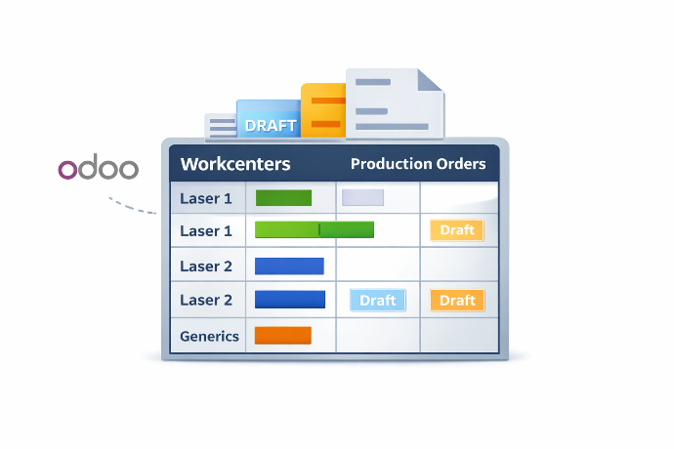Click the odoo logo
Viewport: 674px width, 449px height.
point(98,169)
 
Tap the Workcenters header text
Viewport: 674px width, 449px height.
point(235,164)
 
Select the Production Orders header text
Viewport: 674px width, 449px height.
point(417,164)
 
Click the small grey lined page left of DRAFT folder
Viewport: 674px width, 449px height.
point(221,128)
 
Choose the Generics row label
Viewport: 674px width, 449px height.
point(209,336)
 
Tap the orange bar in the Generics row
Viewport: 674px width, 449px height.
point(282,336)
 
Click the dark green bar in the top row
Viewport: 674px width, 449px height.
point(283,198)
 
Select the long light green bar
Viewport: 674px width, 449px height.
point(314,230)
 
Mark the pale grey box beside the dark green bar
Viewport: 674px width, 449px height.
point(362,198)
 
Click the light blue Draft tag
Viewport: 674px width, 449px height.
point(377,300)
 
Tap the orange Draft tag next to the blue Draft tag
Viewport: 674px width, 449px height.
point(457,300)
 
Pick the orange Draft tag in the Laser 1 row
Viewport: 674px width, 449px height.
point(457,230)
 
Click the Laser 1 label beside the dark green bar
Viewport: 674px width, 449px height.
point(206,199)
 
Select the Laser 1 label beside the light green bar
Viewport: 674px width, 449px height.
point(206,231)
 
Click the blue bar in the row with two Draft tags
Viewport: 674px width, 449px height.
point(289,300)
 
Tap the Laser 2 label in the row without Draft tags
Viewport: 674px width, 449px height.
point(206,266)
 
